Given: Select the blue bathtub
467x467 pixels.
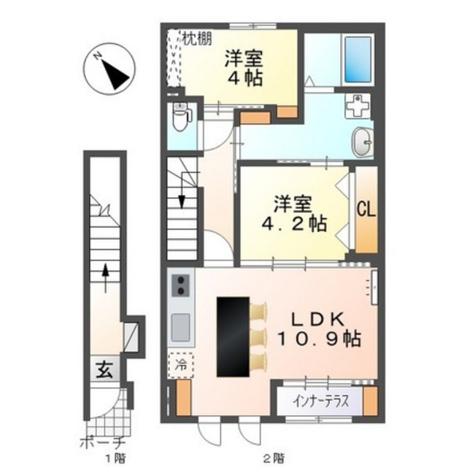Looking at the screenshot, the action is [x=358, y=60].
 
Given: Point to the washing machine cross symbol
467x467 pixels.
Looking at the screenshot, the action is [x=358, y=107].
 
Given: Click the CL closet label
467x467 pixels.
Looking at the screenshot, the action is [x=366, y=209].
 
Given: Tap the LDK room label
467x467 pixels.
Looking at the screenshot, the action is [x=317, y=320].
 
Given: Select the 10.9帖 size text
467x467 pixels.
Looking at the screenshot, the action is [x=320, y=339].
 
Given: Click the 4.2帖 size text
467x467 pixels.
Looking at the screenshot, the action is [x=294, y=224].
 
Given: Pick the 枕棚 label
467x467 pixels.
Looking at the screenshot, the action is [x=197, y=39].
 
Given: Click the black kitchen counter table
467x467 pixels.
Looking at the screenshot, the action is [x=233, y=337].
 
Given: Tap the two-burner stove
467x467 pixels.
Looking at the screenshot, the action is [x=180, y=285].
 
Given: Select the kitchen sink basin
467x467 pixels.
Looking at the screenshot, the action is [x=180, y=328].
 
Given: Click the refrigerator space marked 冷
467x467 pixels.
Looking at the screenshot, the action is [x=180, y=365].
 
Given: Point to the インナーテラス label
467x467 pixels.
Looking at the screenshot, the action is [x=320, y=401].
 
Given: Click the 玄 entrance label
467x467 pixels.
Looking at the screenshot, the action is [x=104, y=370].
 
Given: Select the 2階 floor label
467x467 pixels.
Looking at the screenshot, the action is [x=274, y=458].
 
